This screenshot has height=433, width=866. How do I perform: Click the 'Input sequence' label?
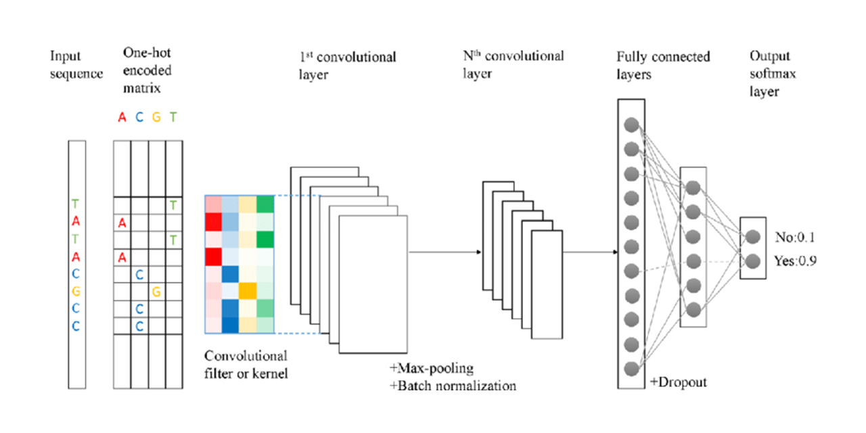pyautogui.click(x=76, y=64)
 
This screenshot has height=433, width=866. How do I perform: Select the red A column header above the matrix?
pyautogui.click(x=122, y=117)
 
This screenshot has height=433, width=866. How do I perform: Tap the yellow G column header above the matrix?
pyautogui.click(x=156, y=117)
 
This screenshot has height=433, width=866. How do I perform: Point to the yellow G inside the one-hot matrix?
pyautogui.click(x=156, y=292)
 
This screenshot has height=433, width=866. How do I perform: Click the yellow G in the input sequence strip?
pyautogui.click(x=76, y=292)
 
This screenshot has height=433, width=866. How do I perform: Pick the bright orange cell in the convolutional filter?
pyautogui.click(x=248, y=291)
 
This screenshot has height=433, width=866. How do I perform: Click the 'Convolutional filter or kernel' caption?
pyautogui.click(x=246, y=364)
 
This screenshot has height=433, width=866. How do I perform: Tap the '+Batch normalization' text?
pyautogui.click(x=453, y=386)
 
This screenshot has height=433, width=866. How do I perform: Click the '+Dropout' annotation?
pyautogui.click(x=678, y=382)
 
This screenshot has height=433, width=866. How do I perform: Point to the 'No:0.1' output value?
pyautogui.click(x=796, y=237)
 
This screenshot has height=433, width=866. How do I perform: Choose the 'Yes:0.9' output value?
pyautogui.click(x=796, y=259)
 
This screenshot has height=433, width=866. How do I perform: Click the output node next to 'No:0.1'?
pyautogui.click(x=753, y=237)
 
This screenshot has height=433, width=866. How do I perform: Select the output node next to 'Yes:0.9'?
pyautogui.click(x=753, y=259)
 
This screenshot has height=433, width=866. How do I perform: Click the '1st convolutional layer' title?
pyautogui.click(x=347, y=65)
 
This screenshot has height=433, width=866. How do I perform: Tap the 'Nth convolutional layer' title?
pyautogui.click(x=513, y=64)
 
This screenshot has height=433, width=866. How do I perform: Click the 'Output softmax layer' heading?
pyautogui.click(x=772, y=73)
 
